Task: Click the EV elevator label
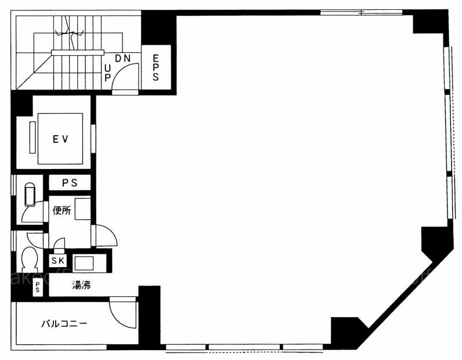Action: [x=60, y=139]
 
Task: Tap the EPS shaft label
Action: [x=156, y=67]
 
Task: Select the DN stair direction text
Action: [x=122, y=59]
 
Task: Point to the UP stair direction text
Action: [x=107, y=73]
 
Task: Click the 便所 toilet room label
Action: [x=62, y=211]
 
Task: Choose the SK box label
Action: [x=58, y=261]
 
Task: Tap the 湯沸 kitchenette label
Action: [x=81, y=285]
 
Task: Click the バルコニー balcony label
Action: [x=64, y=324]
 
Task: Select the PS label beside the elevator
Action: [x=70, y=183]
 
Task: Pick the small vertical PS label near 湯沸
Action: [x=38, y=287]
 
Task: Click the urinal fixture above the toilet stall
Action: [x=30, y=195]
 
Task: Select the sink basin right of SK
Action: [x=84, y=262]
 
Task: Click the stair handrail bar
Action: [x=78, y=52]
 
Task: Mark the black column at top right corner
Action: [x=429, y=22]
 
